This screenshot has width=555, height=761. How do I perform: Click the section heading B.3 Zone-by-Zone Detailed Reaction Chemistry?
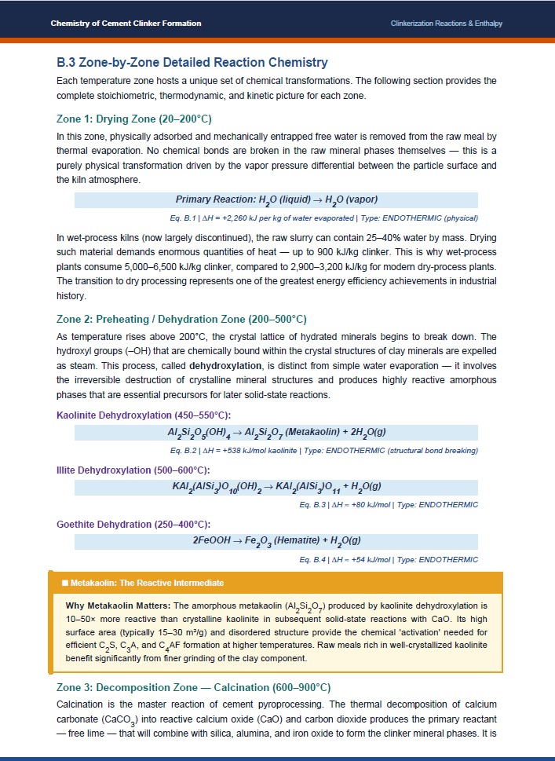[192, 62]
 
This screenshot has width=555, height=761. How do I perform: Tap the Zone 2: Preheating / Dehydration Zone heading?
[181, 319]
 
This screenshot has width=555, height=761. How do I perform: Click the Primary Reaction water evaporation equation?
[276, 199]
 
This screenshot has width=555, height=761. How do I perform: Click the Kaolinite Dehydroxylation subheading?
[144, 415]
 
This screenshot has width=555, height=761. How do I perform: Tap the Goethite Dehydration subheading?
[133, 524]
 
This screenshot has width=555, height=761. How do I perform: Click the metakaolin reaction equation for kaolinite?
[276, 433]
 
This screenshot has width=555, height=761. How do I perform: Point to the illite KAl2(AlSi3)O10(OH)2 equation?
[276, 487]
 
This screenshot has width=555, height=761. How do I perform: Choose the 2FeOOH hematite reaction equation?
[276, 541]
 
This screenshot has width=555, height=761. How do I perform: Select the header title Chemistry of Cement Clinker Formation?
[126, 24]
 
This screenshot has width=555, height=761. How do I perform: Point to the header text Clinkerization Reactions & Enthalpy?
[446, 24]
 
